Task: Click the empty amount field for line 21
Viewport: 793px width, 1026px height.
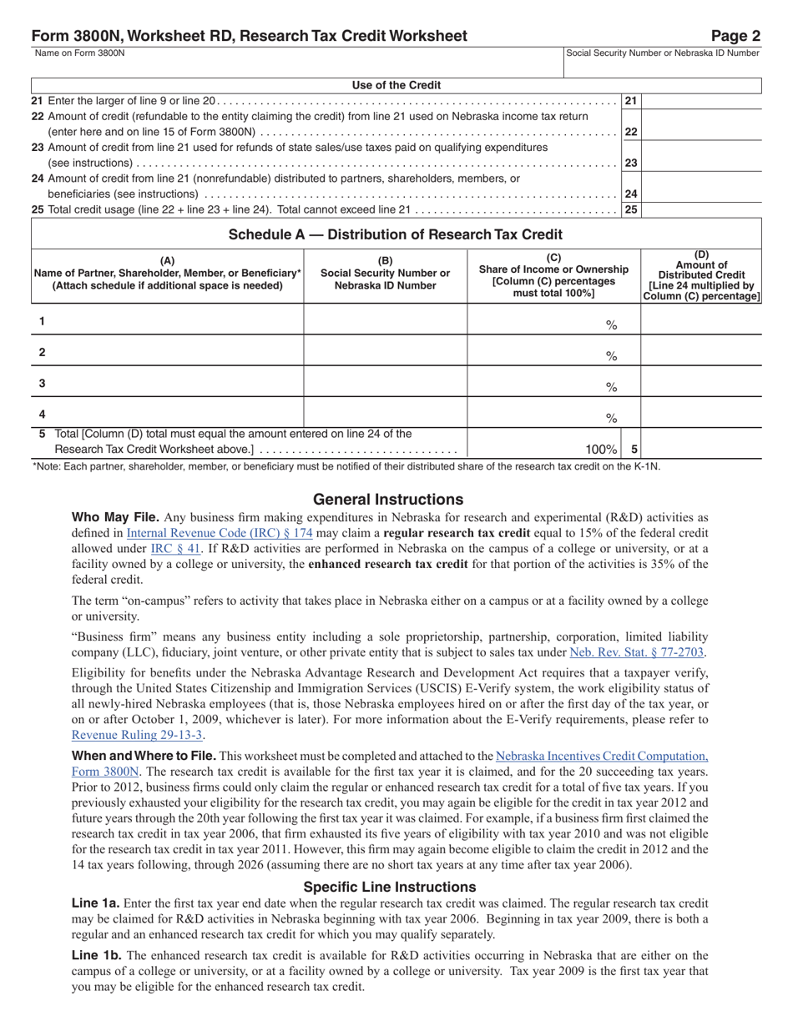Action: (x=701, y=101)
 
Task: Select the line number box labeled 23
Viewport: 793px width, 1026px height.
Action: (x=631, y=163)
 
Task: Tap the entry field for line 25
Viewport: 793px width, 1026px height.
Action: (x=701, y=209)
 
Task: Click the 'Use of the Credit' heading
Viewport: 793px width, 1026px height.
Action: (x=396, y=85)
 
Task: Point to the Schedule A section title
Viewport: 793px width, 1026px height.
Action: (x=396, y=234)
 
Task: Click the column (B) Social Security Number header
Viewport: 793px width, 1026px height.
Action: (x=385, y=273)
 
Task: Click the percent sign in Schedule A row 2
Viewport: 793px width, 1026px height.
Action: (x=611, y=356)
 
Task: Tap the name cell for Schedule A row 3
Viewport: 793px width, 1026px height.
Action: (x=168, y=383)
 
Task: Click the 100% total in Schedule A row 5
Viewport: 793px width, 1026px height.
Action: (x=601, y=449)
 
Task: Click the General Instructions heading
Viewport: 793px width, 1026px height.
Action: (x=388, y=499)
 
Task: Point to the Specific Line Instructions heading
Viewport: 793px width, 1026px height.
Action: (x=389, y=887)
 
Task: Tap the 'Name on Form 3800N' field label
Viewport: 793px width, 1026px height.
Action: (x=80, y=53)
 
